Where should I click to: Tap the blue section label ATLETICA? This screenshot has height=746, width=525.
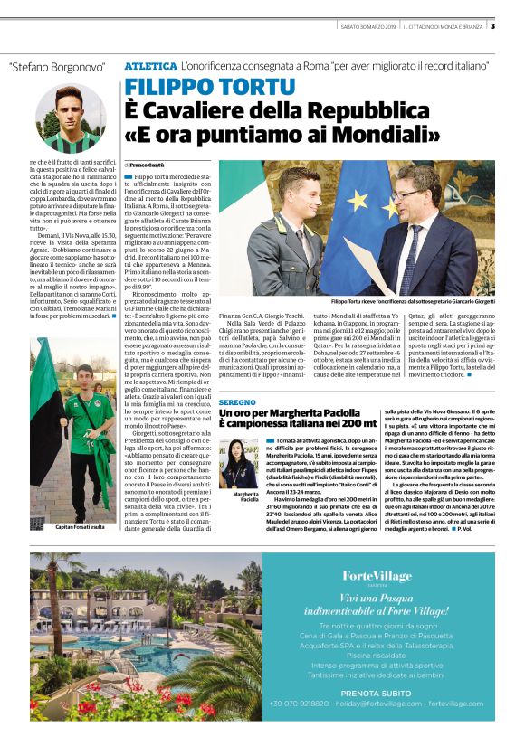pos(150,67)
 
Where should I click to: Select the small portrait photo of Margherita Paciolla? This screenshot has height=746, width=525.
pos(235,462)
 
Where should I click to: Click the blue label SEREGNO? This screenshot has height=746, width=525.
pos(237,401)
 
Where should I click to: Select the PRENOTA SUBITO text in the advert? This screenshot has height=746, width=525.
pos(377,694)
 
